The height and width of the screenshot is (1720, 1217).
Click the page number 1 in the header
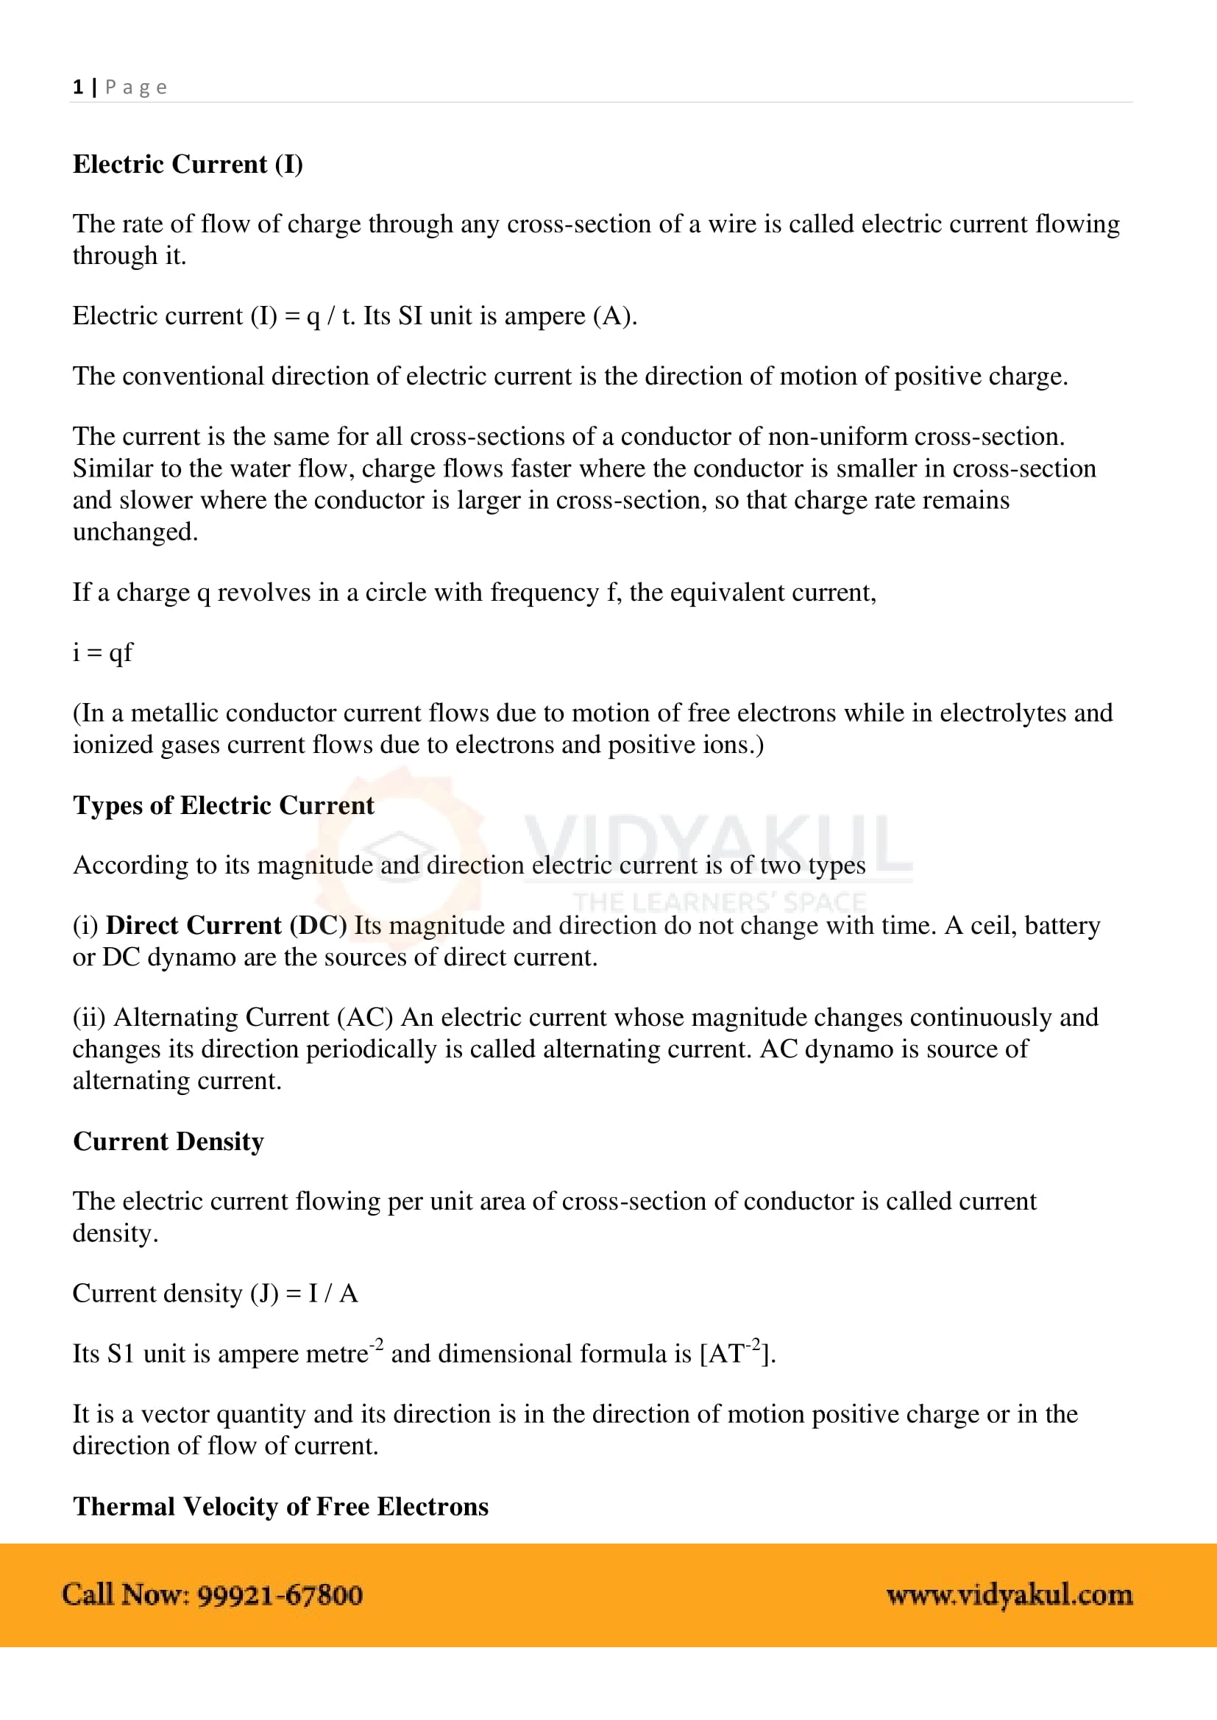click(77, 87)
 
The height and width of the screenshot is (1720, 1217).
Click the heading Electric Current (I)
click(188, 164)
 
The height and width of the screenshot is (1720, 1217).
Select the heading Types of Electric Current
click(224, 804)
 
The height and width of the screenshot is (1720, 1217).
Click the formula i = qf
click(102, 652)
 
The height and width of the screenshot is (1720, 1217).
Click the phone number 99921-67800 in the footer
click(280, 1596)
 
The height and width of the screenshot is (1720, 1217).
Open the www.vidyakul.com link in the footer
click(1009, 1596)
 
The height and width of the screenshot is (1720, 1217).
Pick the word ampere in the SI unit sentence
click(544, 316)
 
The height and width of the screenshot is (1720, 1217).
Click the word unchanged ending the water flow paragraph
click(135, 532)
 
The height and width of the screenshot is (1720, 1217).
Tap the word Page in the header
click(135, 88)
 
